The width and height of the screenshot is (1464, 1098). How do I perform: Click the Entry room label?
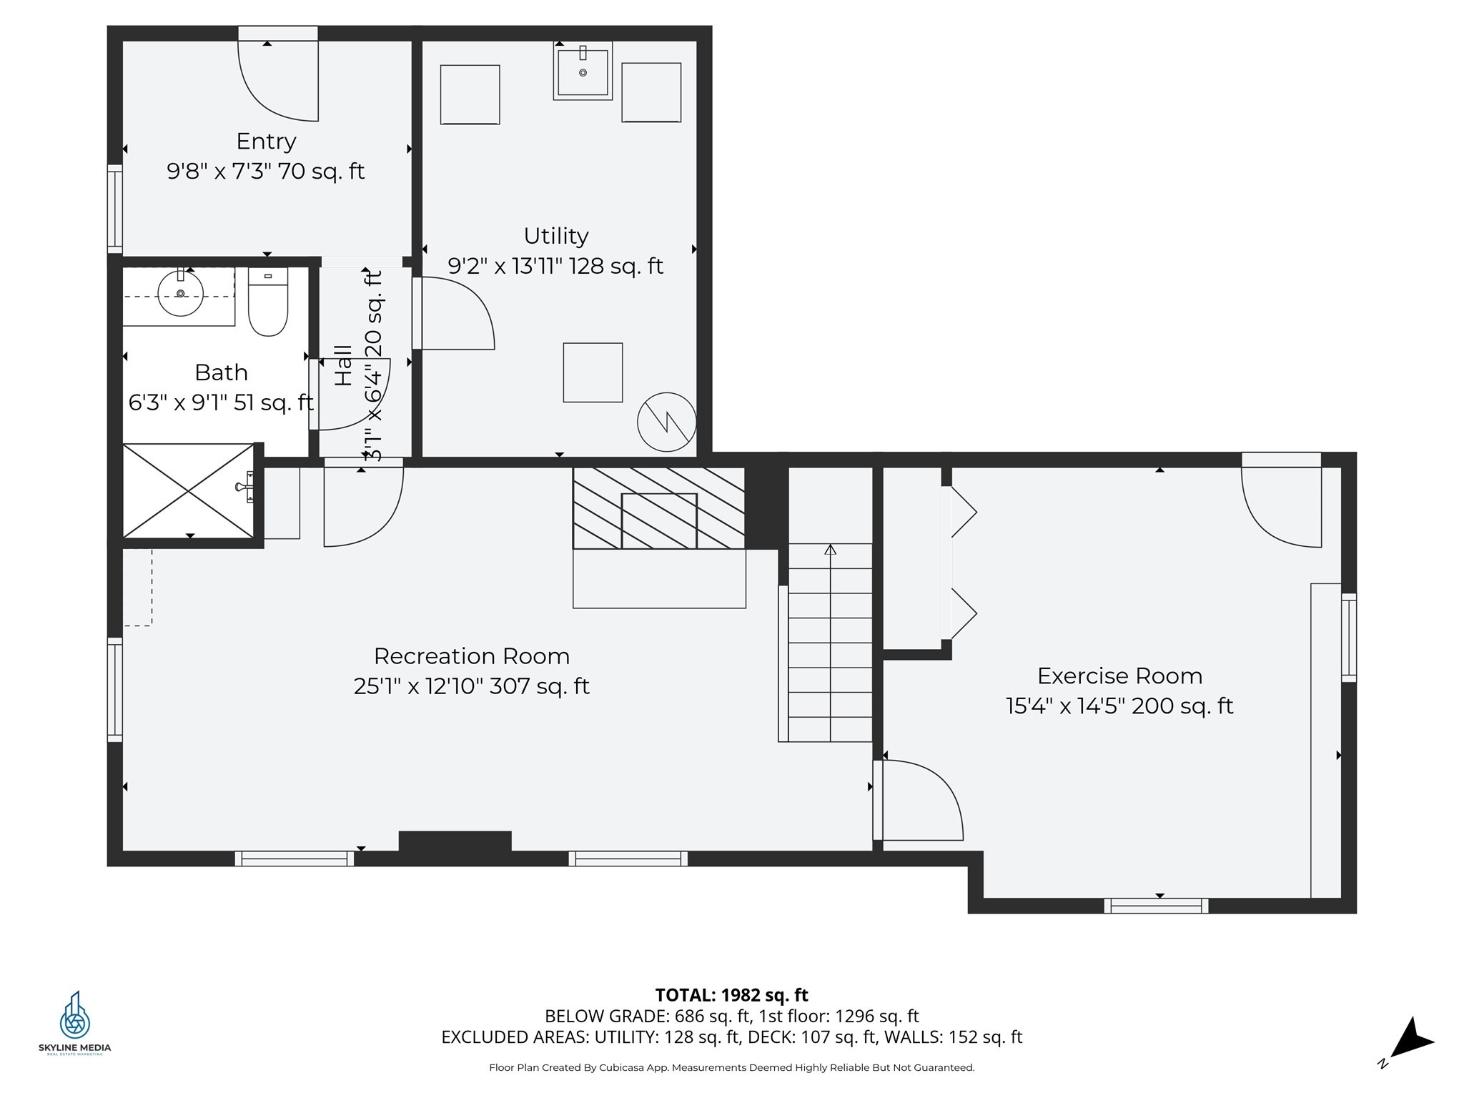tap(266, 142)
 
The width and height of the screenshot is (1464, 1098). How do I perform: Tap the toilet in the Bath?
tap(268, 302)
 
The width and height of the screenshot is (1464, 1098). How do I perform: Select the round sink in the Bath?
tap(180, 292)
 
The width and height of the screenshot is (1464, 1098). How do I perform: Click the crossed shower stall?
tap(188, 490)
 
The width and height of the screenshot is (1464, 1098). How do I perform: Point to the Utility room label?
tap(556, 236)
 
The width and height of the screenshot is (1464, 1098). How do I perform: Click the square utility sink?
tap(583, 71)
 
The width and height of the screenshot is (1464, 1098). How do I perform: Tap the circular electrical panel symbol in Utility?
tap(667, 422)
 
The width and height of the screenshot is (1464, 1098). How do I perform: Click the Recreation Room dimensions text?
tap(471, 686)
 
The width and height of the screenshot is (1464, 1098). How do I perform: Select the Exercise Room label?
tap(1119, 676)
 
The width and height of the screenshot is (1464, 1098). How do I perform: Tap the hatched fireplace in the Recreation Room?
tap(659, 508)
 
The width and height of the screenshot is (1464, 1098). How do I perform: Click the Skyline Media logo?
tap(74, 1022)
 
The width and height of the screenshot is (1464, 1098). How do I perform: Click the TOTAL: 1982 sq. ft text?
tap(731, 995)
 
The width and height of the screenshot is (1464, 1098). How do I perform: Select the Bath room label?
tap(221, 372)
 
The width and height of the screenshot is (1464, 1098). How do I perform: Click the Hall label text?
tap(344, 365)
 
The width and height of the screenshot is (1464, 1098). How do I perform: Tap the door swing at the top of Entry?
tap(278, 81)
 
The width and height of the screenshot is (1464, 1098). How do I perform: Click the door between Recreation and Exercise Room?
tap(919, 800)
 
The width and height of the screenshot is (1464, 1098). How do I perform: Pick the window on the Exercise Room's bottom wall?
tap(1156, 906)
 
